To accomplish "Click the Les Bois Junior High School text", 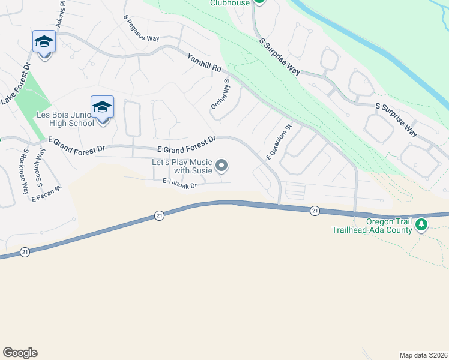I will click(65, 119).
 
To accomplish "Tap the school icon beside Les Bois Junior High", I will click(102, 107).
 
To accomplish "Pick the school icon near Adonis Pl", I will click(44, 42).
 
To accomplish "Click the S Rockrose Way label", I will click(26, 172).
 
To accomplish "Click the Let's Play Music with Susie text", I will click(182, 166).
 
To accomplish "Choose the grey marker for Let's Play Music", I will click(222, 165).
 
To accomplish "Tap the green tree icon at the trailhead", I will click(422, 225).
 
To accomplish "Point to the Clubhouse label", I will click(229, 3).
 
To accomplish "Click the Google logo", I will click(20, 353).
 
